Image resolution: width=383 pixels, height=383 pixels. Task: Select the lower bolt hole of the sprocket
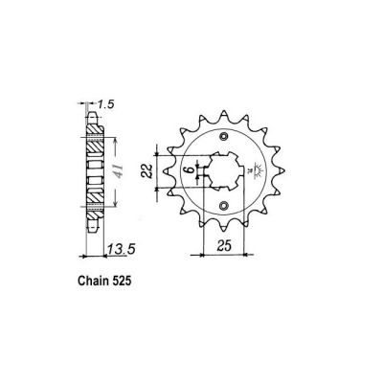coord(223,206)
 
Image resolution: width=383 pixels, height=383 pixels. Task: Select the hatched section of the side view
coord(94,172)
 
